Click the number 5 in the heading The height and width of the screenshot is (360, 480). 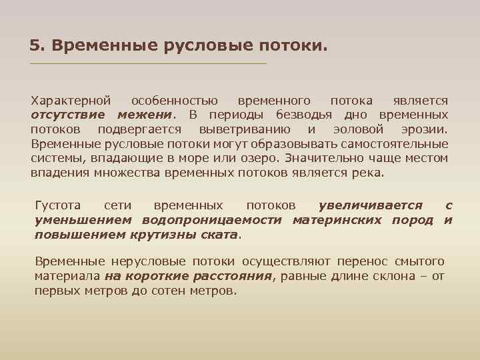point(34,45)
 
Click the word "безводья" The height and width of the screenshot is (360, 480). point(312,115)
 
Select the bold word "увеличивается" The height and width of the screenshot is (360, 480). point(370,206)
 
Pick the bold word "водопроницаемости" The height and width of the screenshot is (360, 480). point(213,220)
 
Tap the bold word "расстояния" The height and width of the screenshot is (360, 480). point(233,277)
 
